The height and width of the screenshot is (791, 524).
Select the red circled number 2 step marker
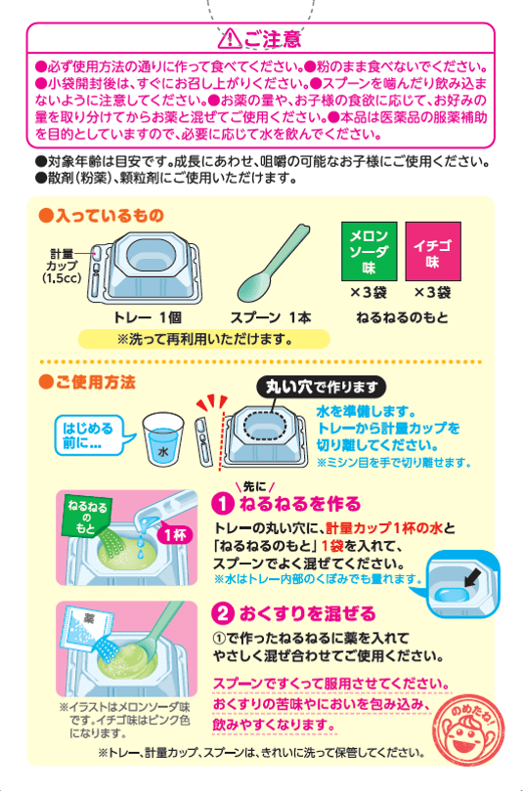click(222, 613)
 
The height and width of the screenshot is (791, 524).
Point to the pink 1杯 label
click(176, 534)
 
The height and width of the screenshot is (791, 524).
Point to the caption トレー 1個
click(148, 317)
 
